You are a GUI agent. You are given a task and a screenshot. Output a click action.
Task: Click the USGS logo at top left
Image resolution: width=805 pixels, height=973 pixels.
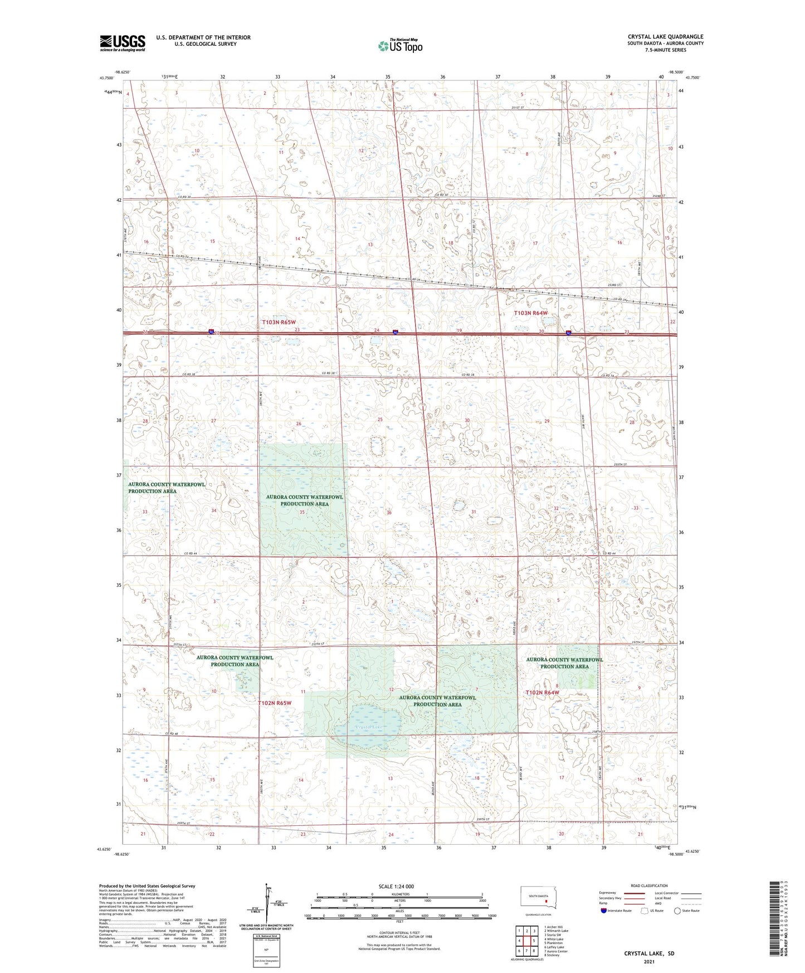[123, 43]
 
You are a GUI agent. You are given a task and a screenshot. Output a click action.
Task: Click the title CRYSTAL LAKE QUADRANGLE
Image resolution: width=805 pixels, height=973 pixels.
[665, 37]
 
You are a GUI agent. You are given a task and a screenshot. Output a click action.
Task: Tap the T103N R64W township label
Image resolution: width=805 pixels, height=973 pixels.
[530, 313]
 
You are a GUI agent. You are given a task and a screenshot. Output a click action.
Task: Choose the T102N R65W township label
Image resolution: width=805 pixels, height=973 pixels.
[275, 703]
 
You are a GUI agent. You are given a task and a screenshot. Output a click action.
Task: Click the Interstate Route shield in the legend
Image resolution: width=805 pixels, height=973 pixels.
[604, 911]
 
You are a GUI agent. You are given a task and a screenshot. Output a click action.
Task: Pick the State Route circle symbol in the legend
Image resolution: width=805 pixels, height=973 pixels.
[677, 911]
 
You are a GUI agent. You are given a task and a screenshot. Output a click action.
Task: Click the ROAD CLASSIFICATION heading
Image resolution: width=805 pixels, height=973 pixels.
[648, 885]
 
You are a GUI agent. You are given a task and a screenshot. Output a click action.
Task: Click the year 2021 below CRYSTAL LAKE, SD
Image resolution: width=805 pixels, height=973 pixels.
[648, 962]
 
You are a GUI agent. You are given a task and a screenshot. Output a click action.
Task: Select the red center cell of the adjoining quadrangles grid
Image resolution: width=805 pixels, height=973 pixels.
[526, 941]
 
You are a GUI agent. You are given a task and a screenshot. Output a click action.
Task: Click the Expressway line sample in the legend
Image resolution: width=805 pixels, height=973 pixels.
[637, 893]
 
